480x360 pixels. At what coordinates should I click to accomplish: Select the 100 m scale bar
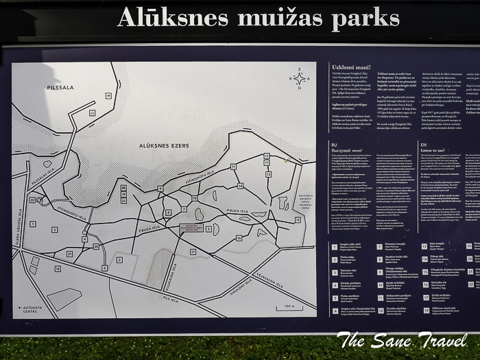(x=288, y=307)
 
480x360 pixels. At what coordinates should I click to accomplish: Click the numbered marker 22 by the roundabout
(x=32, y=200)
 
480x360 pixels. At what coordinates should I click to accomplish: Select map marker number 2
(x=119, y=260)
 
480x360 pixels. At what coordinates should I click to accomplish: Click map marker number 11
(x=233, y=167)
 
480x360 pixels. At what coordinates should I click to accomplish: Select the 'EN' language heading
(x=423, y=146)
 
